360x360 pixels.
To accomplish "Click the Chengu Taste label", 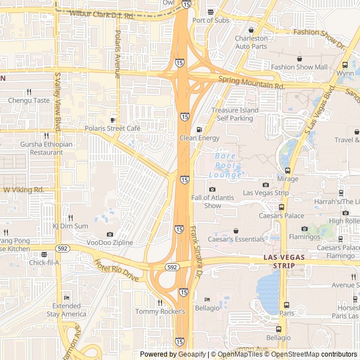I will (x=29, y=101).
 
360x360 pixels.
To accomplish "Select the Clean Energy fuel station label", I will (x=199, y=138).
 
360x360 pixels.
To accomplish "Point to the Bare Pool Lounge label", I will (x=225, y=165).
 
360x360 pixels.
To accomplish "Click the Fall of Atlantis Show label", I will (x=213, y=201).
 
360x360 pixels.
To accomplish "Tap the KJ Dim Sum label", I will (x=70, y=226).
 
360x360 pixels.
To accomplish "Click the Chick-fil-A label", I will (x=44, y=262).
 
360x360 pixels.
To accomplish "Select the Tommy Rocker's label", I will (x=160, y=311).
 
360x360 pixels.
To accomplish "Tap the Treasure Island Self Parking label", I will (x=238, y=114).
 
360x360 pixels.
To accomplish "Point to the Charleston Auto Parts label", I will (x=251, y=42).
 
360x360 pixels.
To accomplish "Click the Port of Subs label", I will (x=211, y=20).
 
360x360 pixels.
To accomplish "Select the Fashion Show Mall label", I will (x=299, y=67).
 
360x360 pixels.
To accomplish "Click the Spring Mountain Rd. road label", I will (x=251, y=83).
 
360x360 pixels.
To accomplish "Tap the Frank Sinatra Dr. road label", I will (x=196, y=253).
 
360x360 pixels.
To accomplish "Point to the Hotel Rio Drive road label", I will (x=116, y=271).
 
